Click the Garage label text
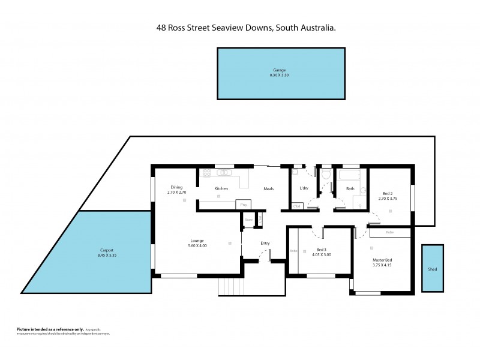[280, 71]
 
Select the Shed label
[432, 269]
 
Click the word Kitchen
[221, 188]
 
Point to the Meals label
[268, 188]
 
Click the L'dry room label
[304, 188]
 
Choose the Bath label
[350, 189]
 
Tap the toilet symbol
[325, 175]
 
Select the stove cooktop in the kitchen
[207, 173]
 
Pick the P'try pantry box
[243, 205]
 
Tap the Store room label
[248, 220]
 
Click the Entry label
[265, 243]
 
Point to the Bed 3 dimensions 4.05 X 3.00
[321, 254]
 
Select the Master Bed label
[382, 260]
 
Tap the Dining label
[175, 187]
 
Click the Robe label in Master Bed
[389, 232]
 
